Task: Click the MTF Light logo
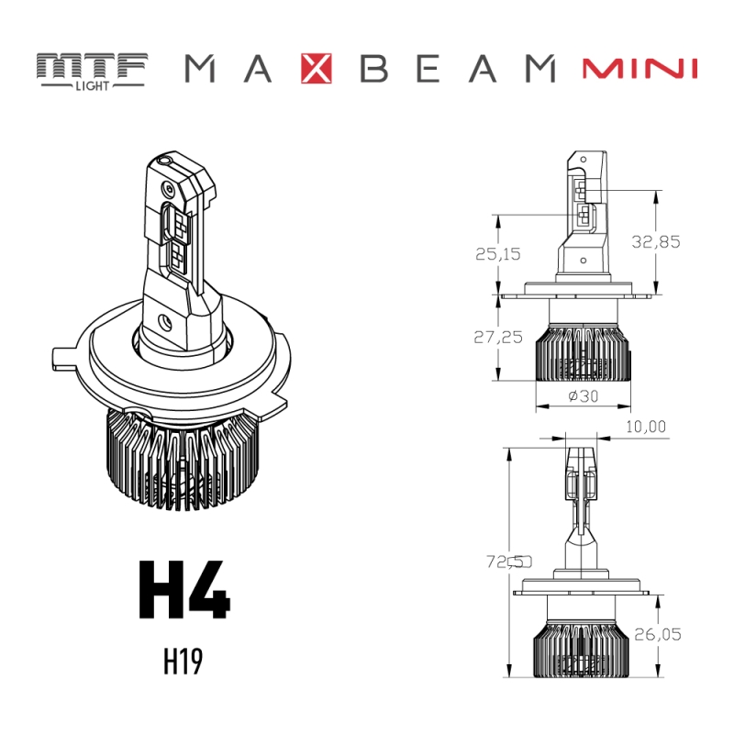click(92, 69)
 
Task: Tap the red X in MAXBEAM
click(316, 69)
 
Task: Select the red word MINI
click(640, 69)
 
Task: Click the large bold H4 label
click(183, 589)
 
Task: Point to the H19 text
click(183, 662)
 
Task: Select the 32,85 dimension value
click(656, 241)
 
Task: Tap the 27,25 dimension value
click(498, 337)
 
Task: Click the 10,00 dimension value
click(646, 427)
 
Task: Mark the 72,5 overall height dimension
click(509, 561)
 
